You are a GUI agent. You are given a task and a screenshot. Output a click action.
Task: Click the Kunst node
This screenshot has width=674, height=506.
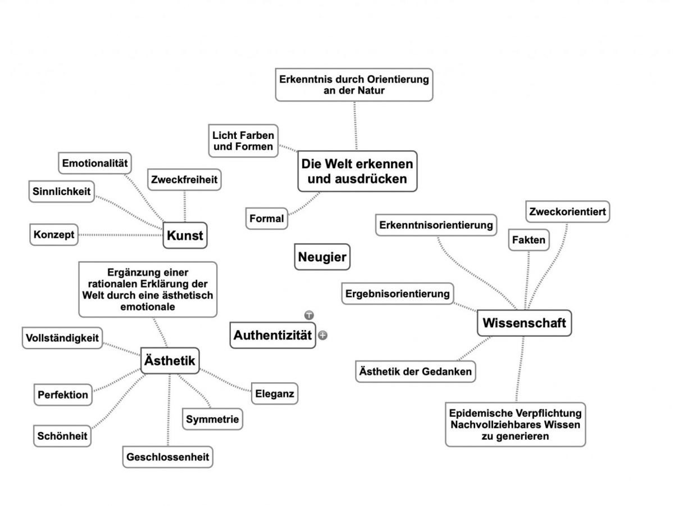185,235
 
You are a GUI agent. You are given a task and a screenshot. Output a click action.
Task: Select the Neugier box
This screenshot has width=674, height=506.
322,257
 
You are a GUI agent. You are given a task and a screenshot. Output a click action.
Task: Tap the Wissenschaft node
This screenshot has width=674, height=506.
524,323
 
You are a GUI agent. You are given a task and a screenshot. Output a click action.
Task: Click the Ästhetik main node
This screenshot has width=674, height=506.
170,360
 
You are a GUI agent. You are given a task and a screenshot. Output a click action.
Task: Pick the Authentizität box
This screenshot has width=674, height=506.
272,335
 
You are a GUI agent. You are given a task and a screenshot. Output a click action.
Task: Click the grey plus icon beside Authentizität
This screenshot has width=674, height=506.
322,335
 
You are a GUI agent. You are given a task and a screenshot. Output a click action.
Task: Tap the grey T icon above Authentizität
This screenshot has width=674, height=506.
309,315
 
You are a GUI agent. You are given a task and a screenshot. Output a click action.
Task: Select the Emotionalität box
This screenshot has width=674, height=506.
94,163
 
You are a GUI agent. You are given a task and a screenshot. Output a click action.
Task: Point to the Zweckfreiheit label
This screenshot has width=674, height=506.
184,179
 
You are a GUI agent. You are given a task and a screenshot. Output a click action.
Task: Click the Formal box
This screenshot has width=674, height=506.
266,219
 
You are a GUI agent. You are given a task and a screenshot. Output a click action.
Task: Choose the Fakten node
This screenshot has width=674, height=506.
528,240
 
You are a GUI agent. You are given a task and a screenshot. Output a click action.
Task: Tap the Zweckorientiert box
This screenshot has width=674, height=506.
567,212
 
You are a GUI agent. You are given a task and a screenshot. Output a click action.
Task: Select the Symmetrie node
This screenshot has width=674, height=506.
212,419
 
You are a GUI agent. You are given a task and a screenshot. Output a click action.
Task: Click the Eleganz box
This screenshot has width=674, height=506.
274,393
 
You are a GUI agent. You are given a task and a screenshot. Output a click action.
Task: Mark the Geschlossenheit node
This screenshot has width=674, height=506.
167,457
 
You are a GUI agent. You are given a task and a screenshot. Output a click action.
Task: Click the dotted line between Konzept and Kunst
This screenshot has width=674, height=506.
120,235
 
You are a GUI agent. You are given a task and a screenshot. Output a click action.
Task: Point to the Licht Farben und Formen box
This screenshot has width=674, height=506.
243,141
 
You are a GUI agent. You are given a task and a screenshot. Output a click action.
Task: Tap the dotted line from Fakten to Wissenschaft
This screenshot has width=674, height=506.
526,280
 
